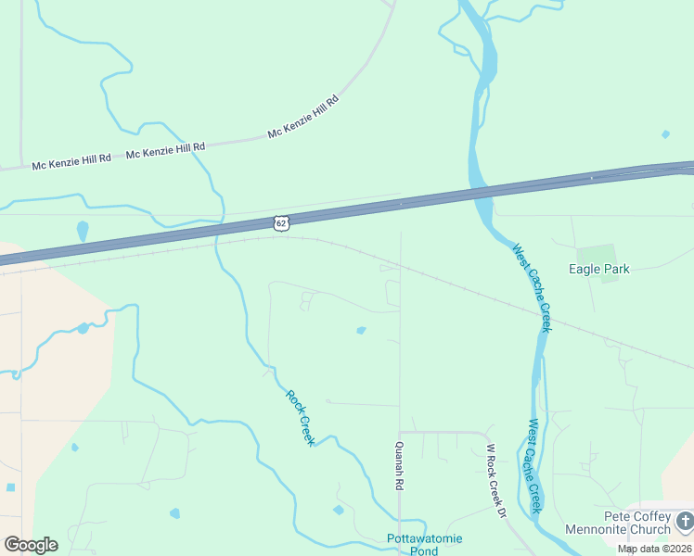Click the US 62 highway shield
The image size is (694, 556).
click(x=281, y=222)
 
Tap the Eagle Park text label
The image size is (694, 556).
click(x=599, y=270)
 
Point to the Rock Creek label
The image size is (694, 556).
click(x=300, y=417)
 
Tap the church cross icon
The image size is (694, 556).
click(x=685, y=522)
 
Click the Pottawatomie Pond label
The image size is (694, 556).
click(x=424, y=545)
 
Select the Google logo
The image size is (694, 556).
click(x=31, y=545)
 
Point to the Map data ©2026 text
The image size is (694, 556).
click(x=655, y=549)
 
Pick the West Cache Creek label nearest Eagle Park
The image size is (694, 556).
click(x=533, y=287)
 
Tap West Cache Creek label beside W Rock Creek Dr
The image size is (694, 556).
click(x=534, y=466)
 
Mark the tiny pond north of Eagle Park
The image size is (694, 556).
click(x=665, y=134)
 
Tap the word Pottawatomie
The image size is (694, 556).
click(x=424, y=538)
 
